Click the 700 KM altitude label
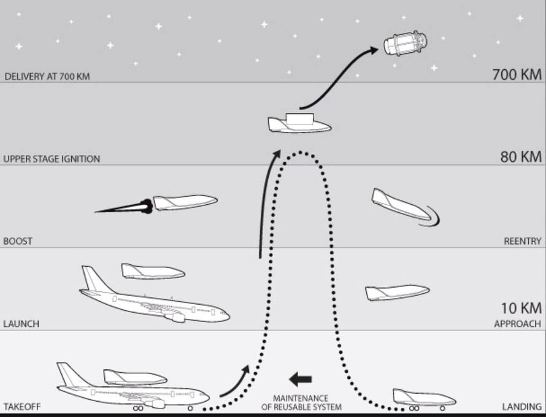pos(517,74)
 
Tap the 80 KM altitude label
pos(521,157)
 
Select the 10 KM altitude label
pos(521,308)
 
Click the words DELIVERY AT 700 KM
pos(47,77)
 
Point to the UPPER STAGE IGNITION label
pos(52,159)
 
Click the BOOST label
pos(18,241)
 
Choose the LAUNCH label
pos(21,324)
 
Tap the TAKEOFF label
pos(22,407)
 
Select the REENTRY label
pos(522,241)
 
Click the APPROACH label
pos(517,324)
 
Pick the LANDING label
pos(521,407)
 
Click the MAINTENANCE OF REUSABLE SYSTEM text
pos(301,403)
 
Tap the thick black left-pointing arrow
pos(301,380)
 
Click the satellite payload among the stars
pos(406,43)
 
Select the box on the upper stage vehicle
pos(300,119)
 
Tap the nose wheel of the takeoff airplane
pos(190,408)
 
